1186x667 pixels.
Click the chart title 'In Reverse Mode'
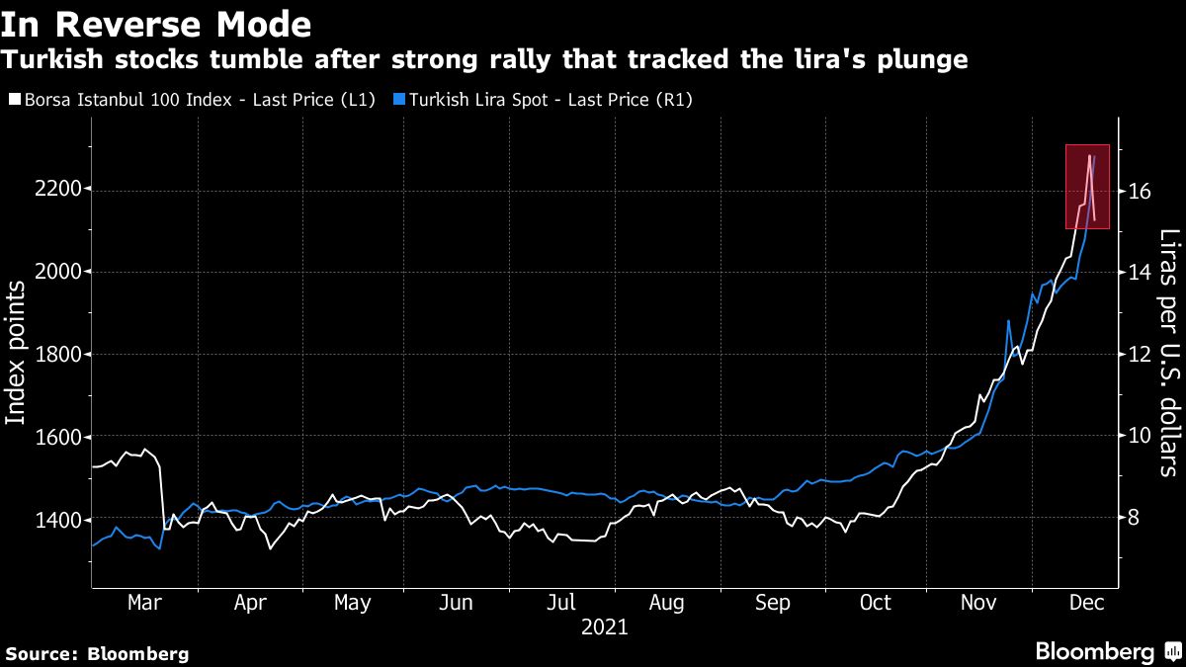point(157,23)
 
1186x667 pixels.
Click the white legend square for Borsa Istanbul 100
point(12,99)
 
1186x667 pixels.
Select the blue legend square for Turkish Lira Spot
point(398,99)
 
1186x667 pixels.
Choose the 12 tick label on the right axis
point(1140,354)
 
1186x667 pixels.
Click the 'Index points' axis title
point(17,353)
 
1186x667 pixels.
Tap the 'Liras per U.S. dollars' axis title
point(1170,353)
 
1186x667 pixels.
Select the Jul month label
point(562,603)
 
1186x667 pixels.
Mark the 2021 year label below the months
point(604,626)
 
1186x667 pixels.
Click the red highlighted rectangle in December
point(1087,187)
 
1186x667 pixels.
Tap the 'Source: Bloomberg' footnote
point(97,653)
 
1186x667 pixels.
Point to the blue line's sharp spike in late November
point(1008,321)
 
